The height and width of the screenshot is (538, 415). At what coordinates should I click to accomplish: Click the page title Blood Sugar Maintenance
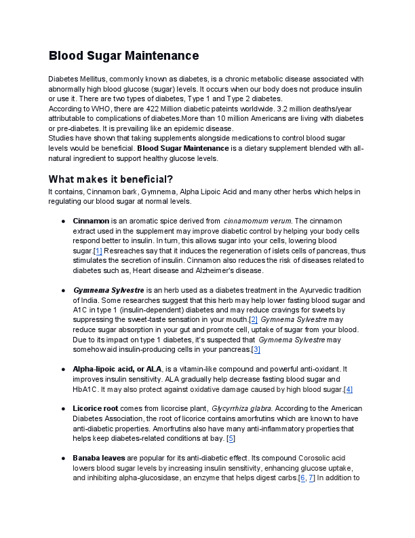(x=123, y=56)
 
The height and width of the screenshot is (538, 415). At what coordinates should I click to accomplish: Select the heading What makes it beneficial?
(x=111, y=179)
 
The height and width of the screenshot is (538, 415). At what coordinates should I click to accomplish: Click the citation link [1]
(x=98, y=251)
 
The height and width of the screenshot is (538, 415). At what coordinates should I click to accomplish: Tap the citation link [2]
(x=253, y=319)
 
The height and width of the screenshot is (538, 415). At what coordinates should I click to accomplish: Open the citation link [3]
(x=256, y=349)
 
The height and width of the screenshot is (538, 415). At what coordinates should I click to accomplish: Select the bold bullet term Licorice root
(x=96, y=409)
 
